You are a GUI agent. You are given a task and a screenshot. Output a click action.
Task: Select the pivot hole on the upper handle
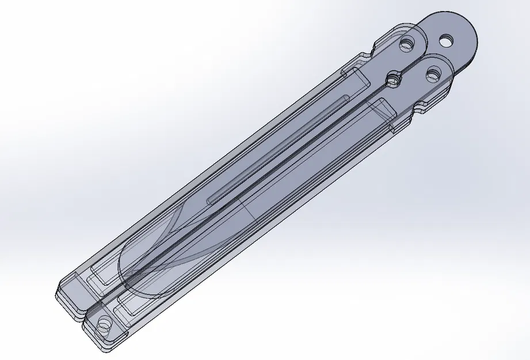pos(408,44)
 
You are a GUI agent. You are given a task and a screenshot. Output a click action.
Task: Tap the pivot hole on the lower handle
pos(433,74)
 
